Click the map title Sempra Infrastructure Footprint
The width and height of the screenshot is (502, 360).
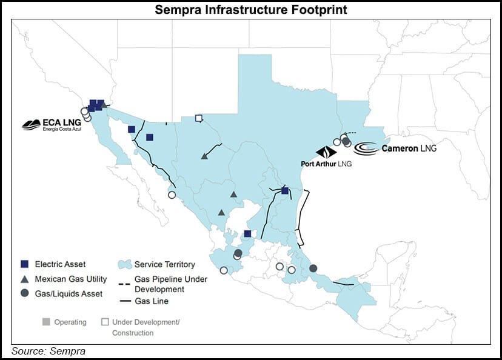250,10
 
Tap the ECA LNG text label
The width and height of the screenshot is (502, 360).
61,124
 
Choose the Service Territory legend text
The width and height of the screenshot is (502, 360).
164,264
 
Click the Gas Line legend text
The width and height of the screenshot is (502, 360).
152,301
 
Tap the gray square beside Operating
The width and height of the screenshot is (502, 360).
45,322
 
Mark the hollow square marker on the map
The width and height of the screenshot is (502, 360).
198,118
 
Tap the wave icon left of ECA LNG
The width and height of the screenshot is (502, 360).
31,125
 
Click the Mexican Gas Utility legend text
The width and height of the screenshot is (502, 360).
71,279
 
